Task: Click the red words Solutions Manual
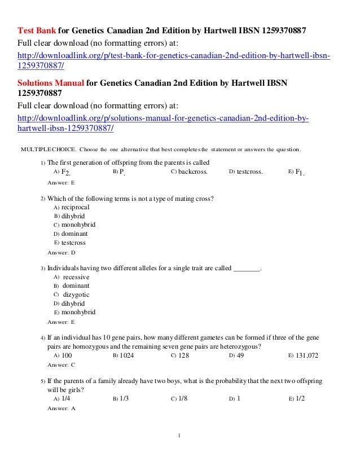click(x=51, y=83)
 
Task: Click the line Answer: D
click(x=62, y=252)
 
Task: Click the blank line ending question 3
click(x=247, y=268)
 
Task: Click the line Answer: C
click(x=62, y=365)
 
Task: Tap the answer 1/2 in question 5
click(x=301, y=398)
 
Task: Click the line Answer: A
click(x=62, y=408)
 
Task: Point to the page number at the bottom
click(x=179, y=436)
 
